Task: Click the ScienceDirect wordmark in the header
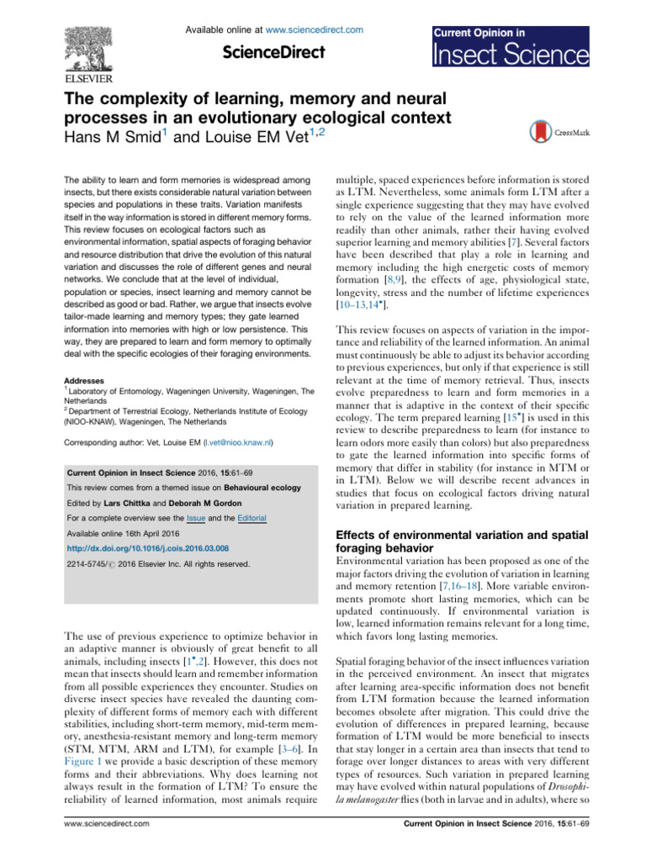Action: [x=273, y=52]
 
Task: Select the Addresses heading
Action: [x=87, y=357]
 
